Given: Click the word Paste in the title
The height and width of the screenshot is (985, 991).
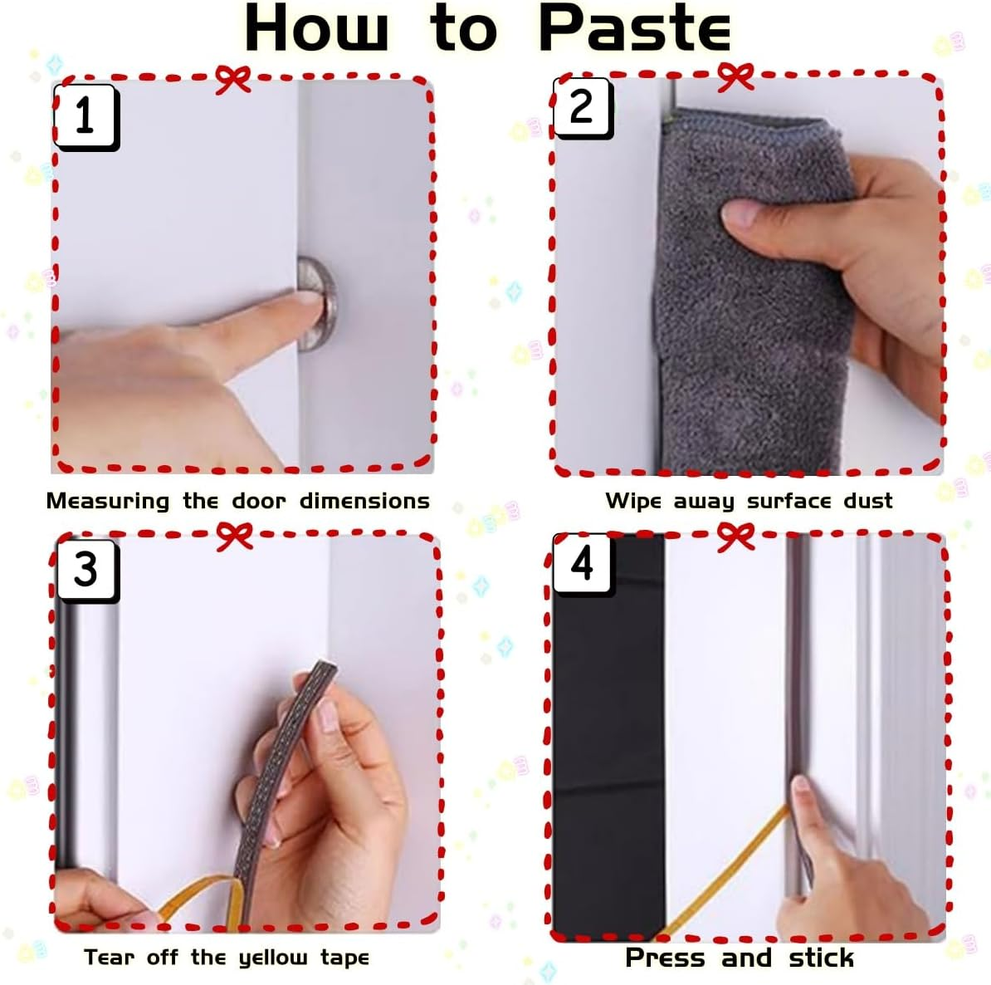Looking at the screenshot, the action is pyautogui.click(x=635, y=28).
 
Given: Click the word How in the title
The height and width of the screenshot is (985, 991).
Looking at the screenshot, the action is pyautogui.click(x=316, y=28).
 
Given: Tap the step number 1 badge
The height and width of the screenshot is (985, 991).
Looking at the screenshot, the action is pyautogui.click(x=86, y=118).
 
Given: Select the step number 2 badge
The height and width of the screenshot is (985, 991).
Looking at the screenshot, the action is pyautogui.click(x=582, y=107).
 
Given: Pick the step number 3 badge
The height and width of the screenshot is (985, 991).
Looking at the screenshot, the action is pyautogui.click(x=87, y=570).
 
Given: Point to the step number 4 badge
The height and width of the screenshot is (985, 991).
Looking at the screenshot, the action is pyautogui.click(x=582, y=564).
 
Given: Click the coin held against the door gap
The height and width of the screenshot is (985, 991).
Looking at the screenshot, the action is pyautogui.click(x=318, y=304).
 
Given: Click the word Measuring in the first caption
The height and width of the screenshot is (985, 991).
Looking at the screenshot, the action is pyautogui.click(x=107, y=501).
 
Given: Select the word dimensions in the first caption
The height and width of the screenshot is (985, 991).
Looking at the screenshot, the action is pyautogui.click(x=364, y=501).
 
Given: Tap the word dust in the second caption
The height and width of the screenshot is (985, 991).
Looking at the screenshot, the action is pyautogui.click(x=868, y=501).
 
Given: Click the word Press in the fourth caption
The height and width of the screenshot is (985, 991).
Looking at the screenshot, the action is pyautogui.click(x=665, y=958).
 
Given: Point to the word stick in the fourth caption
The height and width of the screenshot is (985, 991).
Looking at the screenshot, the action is pyautogui.click(x=821, y=958).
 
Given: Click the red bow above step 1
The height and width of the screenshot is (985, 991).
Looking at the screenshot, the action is pyautogui.click(x=232, y=79).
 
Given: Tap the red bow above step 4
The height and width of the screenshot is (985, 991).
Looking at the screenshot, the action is pyautogui.click(x=735, y=537).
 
